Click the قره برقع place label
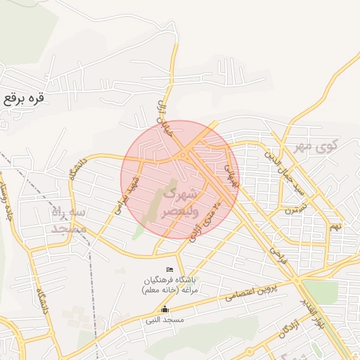point(23,98)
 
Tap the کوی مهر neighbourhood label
point(317,147)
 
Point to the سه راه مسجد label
point(68,220)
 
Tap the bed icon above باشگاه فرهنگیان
point(169,270)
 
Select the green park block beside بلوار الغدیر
point(321,290)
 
